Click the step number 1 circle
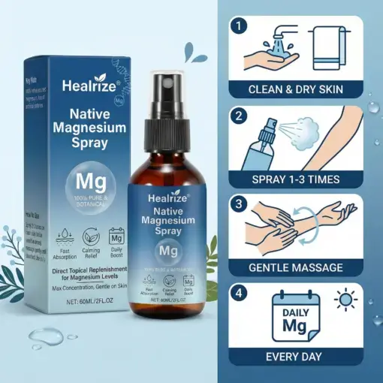tap(239, 27)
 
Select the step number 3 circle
tap(239, 204)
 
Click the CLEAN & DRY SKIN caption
tap(296, 90)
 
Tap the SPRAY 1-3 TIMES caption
tap(296, 179)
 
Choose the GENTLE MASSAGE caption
tap(296, 267)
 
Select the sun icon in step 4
tap(344, 300)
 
